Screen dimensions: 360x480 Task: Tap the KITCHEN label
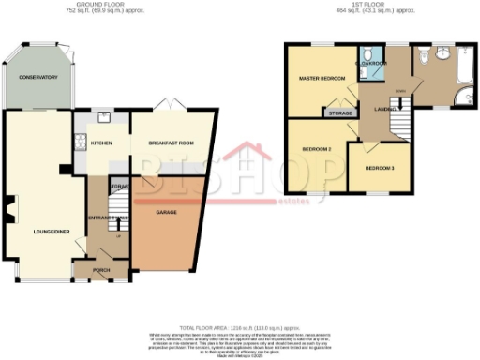coord(102,143)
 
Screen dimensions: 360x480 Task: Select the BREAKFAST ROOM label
coord(170,143)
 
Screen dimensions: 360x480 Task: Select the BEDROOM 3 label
coord(379,168)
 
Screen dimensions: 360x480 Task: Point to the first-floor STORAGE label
coord(338,113)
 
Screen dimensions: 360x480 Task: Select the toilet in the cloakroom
coord(371,52)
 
